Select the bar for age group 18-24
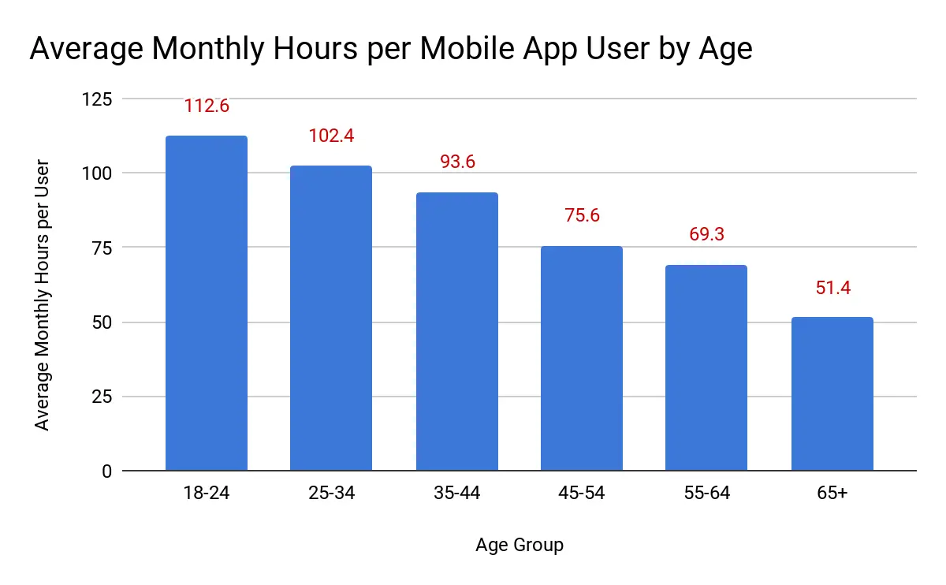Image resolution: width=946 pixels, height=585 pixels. (x=207, y=304)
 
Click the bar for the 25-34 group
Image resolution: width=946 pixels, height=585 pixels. (x=331, y=319)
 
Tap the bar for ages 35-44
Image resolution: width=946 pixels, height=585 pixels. (x=456, y=332)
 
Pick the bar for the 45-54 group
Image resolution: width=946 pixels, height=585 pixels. (x=582, y=359)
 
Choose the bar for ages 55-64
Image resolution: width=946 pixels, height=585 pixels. (x=706, y=368)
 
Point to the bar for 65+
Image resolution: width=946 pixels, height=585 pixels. (x=832, y=394)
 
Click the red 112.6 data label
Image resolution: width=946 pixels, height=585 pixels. (x=207, y=106)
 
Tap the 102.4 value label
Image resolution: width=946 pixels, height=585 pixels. (x=331, y=136)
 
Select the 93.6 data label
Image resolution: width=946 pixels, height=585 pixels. (x=456, y=162)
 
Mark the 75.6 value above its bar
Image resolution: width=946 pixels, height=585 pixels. (x=582, y=215)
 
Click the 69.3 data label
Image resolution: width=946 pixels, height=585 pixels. (x=706, y=234)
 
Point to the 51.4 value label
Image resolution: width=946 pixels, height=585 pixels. (x=832, y=288)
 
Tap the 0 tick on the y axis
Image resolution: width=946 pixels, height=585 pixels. (x=106, y=471)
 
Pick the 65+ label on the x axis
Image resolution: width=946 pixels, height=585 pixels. (x=832, y=494)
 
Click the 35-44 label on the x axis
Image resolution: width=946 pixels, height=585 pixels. (x=456, y=494)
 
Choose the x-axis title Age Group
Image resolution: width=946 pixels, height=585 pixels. (x=520, y=545)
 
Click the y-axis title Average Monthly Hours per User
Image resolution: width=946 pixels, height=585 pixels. (x=43, y=295)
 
